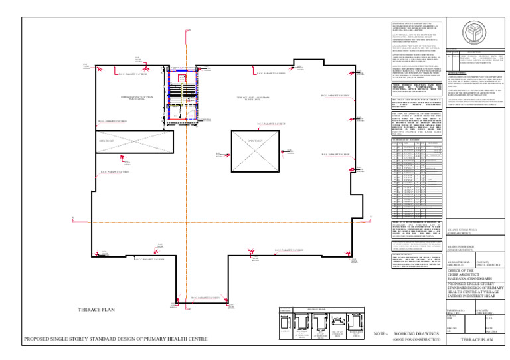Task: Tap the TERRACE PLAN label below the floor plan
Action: point(98,310)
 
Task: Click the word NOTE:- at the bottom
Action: point(381,333)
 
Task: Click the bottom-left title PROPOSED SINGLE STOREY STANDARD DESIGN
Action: point(115,339)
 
